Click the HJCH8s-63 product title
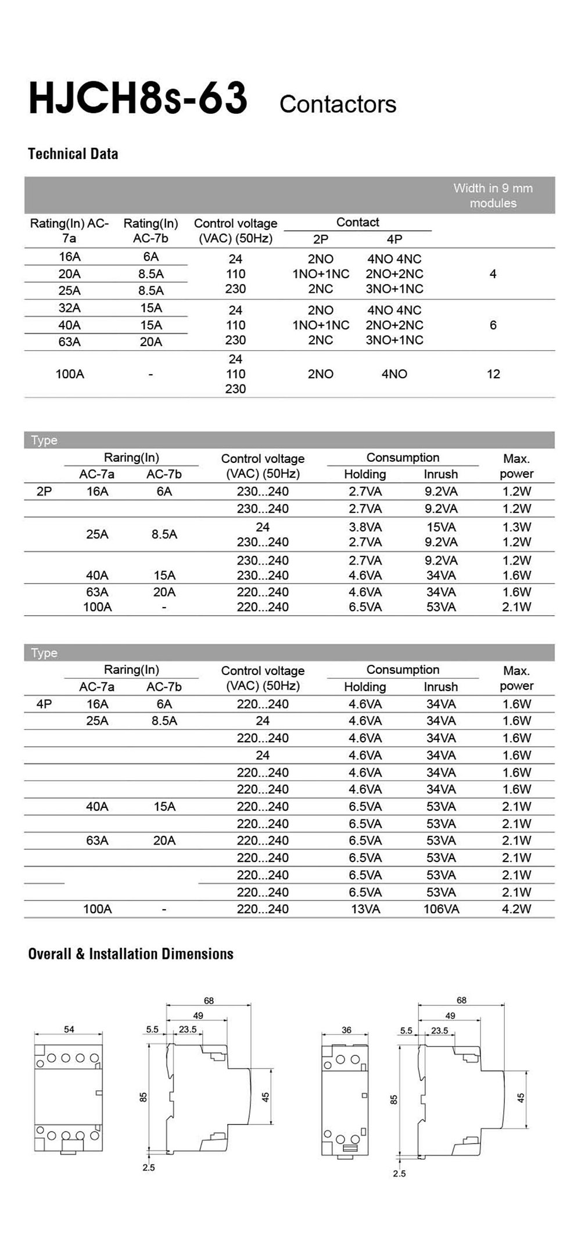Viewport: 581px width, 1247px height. tap(138, 99)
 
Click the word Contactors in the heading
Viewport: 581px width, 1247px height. tap(338, 105)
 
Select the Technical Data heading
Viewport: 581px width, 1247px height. tap(73, 154)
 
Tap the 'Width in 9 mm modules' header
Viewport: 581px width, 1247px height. tap(493, 196)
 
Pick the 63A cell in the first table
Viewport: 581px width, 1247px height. tap(69, 342)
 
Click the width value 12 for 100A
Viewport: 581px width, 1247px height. tap(493, 374)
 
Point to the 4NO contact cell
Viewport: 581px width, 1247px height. tap(394, 374)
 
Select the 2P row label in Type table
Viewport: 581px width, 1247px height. tap(44, 491)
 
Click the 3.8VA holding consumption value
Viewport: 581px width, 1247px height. tap(365, 527)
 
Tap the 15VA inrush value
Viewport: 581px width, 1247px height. tap(440, 527)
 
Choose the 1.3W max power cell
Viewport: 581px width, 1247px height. tap(516, 527)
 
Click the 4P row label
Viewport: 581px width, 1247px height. tap(44, 704)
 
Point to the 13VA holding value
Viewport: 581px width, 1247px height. tap(365, 909)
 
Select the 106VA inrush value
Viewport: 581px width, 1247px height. tap(440, 909)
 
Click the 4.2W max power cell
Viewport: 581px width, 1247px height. tap(516, 909)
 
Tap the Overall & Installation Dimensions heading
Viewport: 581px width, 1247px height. tap(131, 954)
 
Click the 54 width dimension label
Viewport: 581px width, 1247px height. tap(69, 1029)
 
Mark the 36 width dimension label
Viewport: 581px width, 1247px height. tap(346, 1030)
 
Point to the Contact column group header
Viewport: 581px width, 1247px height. tap(357, 222)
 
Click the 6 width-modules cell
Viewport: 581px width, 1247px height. tap(493, 325)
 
